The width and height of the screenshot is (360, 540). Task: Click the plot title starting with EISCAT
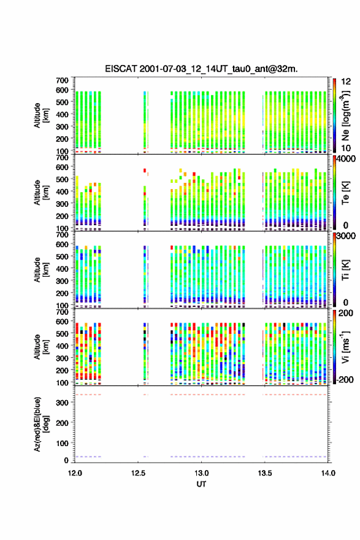(x=201, y=69)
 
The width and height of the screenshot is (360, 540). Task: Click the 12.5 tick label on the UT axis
(x=138, y=473)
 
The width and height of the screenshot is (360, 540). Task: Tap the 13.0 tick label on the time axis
(x=201, y=473)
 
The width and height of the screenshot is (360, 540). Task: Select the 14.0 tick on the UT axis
(x=328, y=473)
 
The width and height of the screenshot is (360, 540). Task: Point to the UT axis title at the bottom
(x=201, y=484)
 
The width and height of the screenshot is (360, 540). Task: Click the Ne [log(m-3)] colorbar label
(x=345, y=115)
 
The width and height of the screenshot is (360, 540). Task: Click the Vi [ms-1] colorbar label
(x=345, y=347)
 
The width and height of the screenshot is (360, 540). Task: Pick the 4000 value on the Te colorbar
(x=345, y=160)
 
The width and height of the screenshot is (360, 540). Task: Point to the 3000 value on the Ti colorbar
(x=345, y=236)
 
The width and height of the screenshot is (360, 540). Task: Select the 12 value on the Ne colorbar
(x=346, y=82)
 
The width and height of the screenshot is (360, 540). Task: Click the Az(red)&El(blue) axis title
(x=42, y=424)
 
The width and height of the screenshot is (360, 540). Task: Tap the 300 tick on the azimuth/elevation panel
(x=63, y=403)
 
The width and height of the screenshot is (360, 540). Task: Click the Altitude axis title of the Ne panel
(x=41, y=115)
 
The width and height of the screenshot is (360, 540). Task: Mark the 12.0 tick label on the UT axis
(x=75, y=473)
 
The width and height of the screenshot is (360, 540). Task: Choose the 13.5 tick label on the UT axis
(x=265, y=473)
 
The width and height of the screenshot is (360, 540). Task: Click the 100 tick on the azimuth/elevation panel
(x=63, y=443)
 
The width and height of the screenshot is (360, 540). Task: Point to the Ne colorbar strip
(x=334, y=115)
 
